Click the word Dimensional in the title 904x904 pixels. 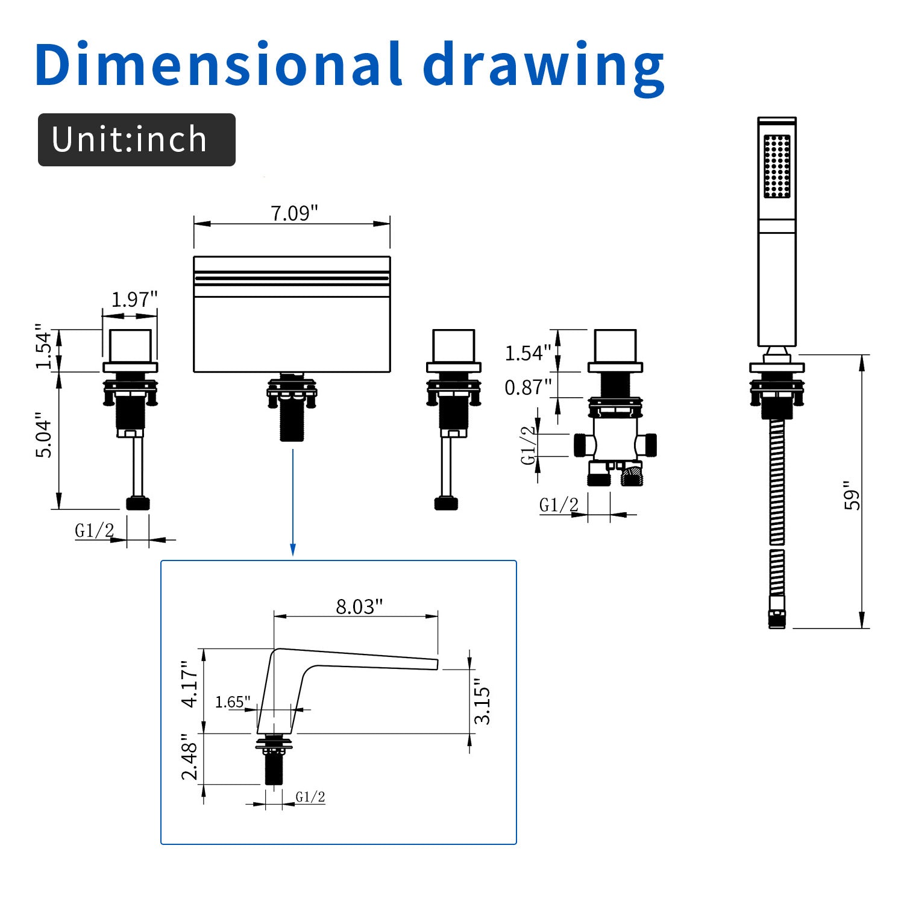tap(218, 64)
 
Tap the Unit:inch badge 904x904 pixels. tap(136, 139)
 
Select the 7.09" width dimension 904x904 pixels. tap(294, 213)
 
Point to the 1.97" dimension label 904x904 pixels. tap(134, 299)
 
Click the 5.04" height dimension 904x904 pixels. tap(43, 435)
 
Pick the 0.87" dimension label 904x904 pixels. tap(528, 387)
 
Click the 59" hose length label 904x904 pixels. tap(852, 495)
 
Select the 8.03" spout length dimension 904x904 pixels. tap(359, 606)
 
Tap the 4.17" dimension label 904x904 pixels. tap(190, 684)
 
